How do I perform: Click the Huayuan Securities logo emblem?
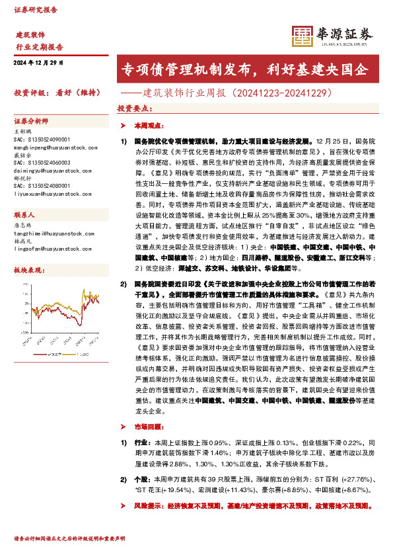click(x=303, y=35)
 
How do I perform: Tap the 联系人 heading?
click(x=24, y=216)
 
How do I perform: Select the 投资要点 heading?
click(x=132, y=107)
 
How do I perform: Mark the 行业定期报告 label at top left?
click(x=39, y=47)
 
